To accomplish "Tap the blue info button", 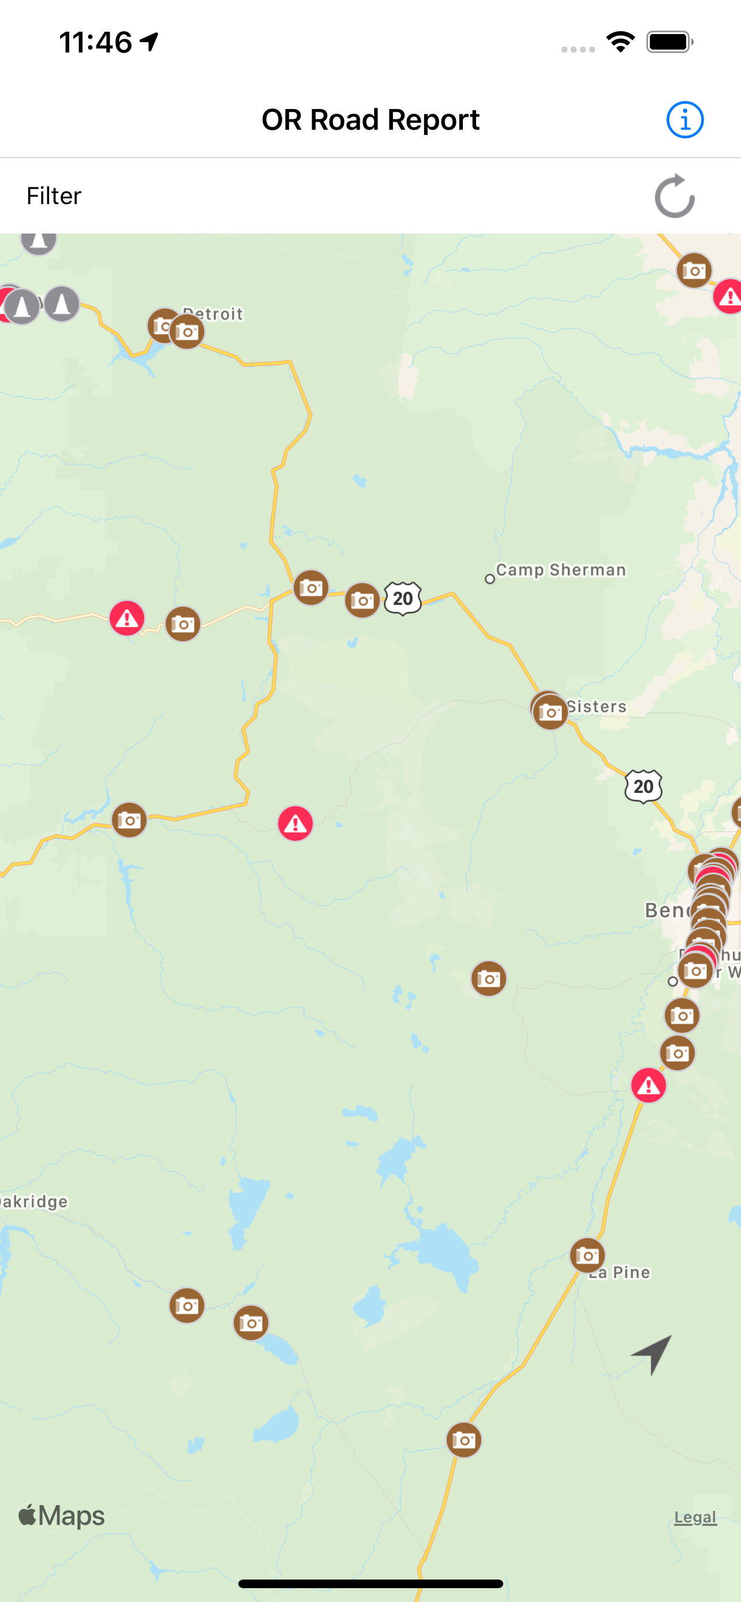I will tap(684, 119).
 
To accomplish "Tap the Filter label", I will tap(54, 196).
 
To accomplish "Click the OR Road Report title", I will tap(370, 119).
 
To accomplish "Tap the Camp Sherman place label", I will tap(560, 570).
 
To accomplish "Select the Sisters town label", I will tap(596, 706).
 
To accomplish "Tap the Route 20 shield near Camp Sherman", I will tap(403, 598).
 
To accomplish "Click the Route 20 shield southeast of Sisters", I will tap(643, 786).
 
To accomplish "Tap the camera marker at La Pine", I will tap(587, 1255).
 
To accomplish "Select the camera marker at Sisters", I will tap(550, 712).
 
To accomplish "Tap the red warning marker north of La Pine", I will tap(648, 1085).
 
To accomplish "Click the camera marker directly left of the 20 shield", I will tap(362, 600).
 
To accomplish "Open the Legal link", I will tap(695, 1517).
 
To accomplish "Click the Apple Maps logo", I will tap(61, 1516).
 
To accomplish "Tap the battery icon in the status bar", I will tap(669, 42).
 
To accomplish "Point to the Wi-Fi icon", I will tap(620, 42).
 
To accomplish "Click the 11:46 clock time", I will tap(95, 42).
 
